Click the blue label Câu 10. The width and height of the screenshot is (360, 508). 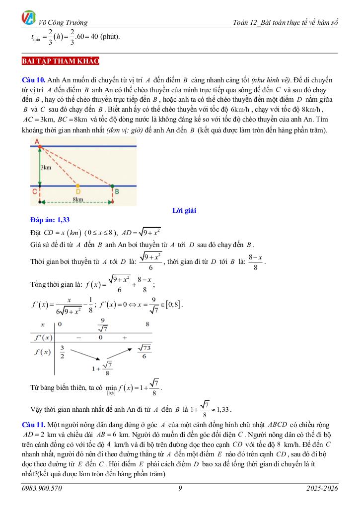click(34, 80)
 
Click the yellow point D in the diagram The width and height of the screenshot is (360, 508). click(77, 187)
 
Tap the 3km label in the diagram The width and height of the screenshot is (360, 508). click(46, 168)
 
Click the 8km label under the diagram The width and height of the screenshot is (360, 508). click(77, 198)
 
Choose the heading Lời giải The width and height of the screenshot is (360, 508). click(184, 211)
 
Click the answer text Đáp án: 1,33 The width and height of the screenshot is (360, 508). click(50, 220)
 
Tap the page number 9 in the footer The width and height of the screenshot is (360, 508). click(180, 489)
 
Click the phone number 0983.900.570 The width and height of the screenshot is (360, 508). click(42, 489)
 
